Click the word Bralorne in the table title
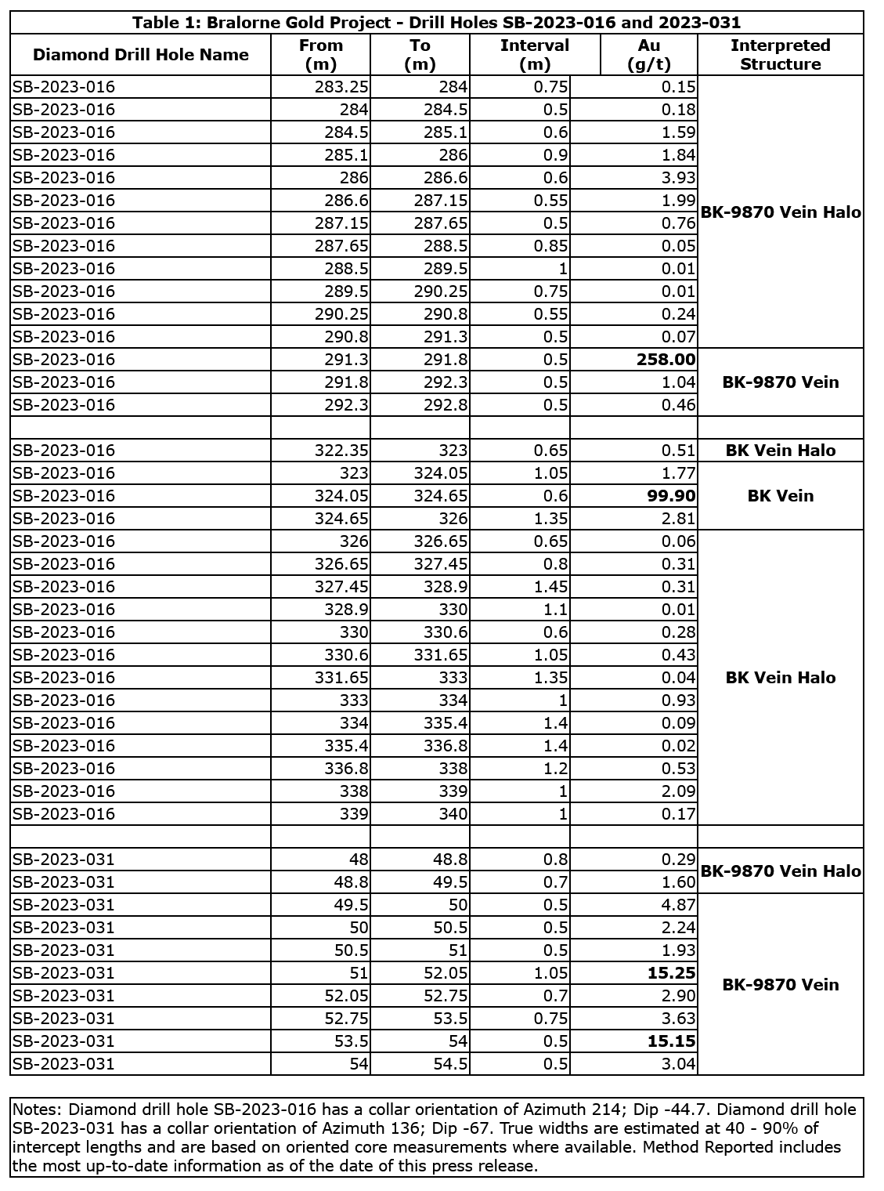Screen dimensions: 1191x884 [x=238, y=23]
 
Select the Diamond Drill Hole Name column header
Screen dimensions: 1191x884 [x=141, y=55]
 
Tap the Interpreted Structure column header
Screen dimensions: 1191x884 [x=780, y=55]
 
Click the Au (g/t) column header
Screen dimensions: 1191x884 [x=649, y=55]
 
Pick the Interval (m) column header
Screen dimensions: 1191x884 [x=535, y=55]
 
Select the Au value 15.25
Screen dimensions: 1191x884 [x=672, y=973]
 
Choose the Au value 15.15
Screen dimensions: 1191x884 [x=672, y=1041]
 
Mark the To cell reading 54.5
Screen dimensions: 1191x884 [x=449, y=1064]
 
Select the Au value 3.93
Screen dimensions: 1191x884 [x=678, y=178]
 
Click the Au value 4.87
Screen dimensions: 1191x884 [x=678, y=905]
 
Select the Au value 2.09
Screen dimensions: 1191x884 [x=678, y=791]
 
